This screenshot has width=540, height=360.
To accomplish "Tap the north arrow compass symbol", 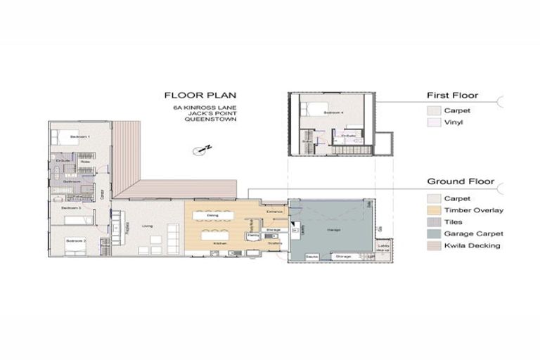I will point(205,148).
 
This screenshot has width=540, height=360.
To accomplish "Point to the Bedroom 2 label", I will point(75,241).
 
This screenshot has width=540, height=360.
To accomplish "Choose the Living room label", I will point(148,226).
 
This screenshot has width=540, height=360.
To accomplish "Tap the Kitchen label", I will point(218,243).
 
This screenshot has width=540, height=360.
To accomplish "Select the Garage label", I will point(333,229).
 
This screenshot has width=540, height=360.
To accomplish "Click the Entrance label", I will point(274,211).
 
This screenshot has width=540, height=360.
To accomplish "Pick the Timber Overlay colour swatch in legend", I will point(432,210).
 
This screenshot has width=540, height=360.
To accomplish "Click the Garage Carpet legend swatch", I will point(432,233).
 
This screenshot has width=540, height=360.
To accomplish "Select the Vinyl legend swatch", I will point(432,122).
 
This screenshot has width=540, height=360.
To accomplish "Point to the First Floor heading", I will point(452,95).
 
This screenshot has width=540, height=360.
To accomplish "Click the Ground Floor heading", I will point(461,181).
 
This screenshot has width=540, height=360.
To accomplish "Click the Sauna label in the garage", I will point(313,257).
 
